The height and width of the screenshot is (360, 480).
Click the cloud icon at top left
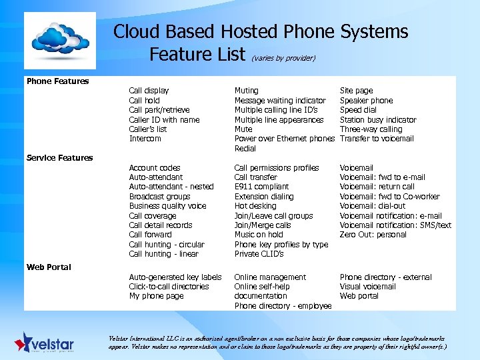[59, 41]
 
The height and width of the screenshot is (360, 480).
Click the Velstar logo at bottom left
[45, 343]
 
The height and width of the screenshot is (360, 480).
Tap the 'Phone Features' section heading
[57, 81]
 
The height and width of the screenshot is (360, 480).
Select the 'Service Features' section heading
[59, 158]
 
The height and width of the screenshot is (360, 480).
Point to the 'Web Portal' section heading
[49, 267]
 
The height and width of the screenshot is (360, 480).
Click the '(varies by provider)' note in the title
[283, 58]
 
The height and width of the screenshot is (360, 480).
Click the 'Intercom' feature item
[145, 139]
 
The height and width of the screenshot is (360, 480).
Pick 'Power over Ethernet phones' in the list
[284, 139]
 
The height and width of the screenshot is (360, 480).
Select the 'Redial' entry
[245, 149]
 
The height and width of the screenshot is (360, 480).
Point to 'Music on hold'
[259, 235]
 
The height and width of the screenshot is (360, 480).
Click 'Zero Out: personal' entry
[373, 235]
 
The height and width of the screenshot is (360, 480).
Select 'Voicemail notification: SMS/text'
[395, 225]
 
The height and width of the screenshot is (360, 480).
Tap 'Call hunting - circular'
[167, 245]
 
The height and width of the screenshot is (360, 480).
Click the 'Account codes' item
[155, 168]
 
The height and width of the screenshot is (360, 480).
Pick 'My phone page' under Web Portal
[156, 296]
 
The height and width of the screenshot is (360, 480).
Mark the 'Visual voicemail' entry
[367, 287]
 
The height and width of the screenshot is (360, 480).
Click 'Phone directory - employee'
[283, 306]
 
